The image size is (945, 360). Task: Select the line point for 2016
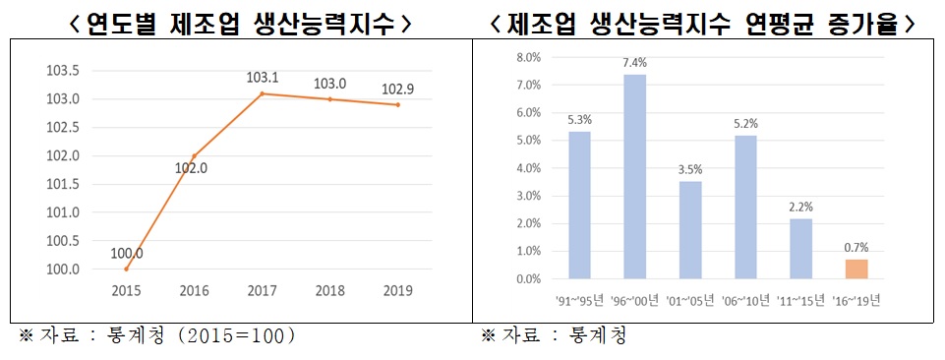(193, 156)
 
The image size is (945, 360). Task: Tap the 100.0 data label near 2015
(127, 253)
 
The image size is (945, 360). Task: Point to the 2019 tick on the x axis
(397, 291)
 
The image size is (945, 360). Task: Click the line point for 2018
(329, 99)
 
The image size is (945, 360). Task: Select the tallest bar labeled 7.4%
(634, 176)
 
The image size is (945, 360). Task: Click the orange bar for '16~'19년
(855, 269)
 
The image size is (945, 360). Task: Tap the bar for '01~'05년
(690, 229)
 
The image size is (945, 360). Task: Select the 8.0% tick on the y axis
(528, 57)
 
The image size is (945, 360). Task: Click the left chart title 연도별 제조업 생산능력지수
(241, 24)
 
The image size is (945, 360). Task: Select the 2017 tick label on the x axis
(262, 291)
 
